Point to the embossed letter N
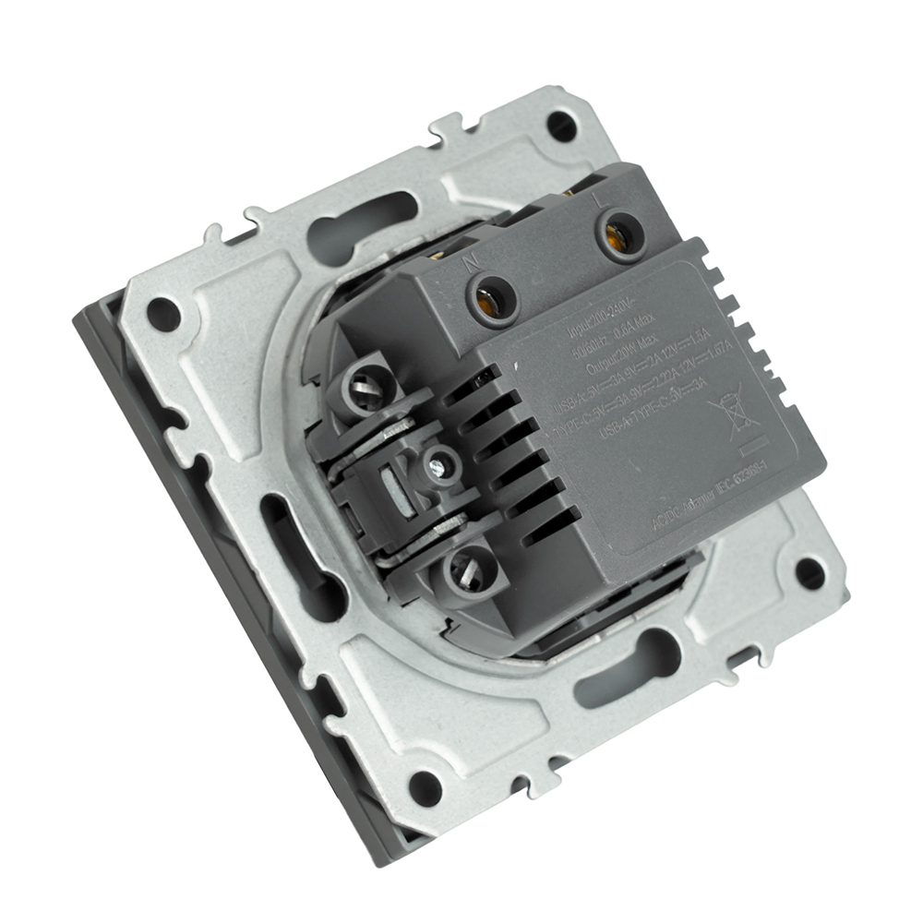coord(471,261)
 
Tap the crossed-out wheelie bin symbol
coord(727,414)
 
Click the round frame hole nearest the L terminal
coord(560,123)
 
